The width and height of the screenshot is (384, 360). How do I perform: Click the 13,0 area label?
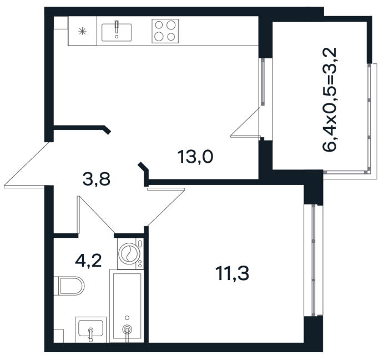pos(195,157)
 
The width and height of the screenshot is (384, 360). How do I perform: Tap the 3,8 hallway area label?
pos(97,179)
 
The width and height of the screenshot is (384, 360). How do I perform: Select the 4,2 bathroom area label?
pos(88,261)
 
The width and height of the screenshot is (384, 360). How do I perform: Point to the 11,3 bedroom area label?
pos(232,274)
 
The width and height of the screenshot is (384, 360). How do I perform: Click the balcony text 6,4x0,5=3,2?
pos(330,99)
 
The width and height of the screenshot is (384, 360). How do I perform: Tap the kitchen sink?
pos(117,32)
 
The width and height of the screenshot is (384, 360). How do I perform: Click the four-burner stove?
pos(165,31)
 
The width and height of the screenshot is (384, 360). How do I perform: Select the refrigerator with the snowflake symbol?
pos(82,31)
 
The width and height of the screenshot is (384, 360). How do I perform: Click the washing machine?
pos(130,253)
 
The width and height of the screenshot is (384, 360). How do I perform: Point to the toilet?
pos(69,286)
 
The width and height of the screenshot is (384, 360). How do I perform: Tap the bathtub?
pos(127,306)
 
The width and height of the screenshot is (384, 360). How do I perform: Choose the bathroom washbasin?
pos(90,328)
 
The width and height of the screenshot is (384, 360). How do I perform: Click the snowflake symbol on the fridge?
pos(82,31)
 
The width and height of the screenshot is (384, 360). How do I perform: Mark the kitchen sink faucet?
pos(117,27)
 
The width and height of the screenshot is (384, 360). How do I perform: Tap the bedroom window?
pos(314,261)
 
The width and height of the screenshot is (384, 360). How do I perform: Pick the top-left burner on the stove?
pos(159,25)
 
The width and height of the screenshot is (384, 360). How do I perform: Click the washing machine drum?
pos(129,253)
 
